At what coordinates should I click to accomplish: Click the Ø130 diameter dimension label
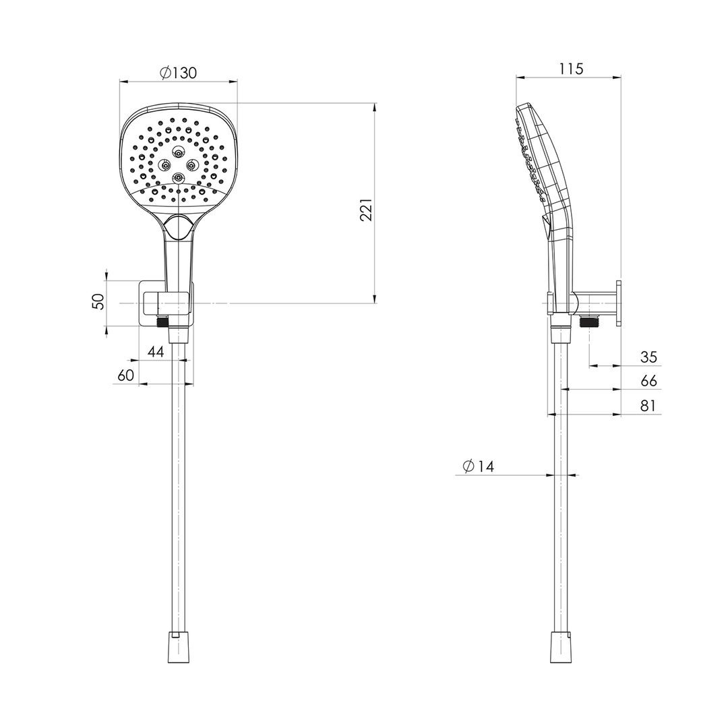click(178, 73)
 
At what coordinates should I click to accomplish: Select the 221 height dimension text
click(366, 210)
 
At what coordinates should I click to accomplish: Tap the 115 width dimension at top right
click(571, 69)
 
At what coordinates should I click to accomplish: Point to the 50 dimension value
click(98, 302)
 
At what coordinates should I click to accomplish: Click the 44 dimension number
click(156, 351)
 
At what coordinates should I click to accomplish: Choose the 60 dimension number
click(126, 375)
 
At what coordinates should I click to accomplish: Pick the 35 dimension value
click(648, 357)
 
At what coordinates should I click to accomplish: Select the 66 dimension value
click(648, 381)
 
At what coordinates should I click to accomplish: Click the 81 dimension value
click(648, 405)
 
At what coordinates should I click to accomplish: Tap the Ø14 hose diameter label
click(479, 466)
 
